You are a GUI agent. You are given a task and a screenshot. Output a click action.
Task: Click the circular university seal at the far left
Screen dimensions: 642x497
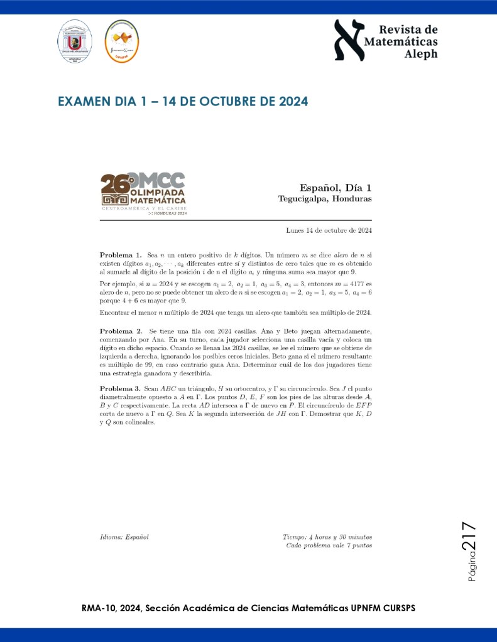75,41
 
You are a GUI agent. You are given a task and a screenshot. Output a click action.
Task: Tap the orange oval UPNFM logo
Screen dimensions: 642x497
121,41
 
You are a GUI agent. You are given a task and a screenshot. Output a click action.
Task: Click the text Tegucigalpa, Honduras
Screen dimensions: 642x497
325,199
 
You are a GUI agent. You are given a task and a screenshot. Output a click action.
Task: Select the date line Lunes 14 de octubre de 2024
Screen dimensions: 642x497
329,230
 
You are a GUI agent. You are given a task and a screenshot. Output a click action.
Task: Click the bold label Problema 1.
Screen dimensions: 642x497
120,256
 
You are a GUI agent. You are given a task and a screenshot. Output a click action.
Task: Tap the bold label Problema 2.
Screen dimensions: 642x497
120,330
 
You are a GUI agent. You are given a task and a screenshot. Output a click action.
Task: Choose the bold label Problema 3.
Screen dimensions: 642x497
120,389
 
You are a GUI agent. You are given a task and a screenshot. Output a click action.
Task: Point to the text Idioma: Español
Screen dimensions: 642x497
124,537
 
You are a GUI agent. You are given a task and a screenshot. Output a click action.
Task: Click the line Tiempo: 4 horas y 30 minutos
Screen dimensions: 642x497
327,537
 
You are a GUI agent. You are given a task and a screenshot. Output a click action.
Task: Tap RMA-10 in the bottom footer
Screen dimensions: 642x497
99,608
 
